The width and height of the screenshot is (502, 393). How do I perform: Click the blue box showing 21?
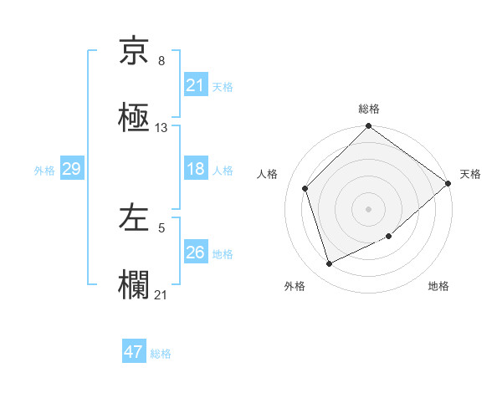195,85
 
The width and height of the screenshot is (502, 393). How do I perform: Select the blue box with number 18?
195,169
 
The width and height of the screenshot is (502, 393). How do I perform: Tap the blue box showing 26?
195,253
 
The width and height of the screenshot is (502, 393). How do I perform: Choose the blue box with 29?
71,169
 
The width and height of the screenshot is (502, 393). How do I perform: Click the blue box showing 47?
134,352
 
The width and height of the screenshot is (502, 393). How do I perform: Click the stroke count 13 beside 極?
161,128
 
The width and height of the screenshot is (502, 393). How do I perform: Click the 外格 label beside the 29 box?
44,170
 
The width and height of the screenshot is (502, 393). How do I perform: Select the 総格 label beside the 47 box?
161,353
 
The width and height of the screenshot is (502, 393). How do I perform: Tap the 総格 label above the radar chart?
368,109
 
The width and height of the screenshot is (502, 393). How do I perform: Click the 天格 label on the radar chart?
470,174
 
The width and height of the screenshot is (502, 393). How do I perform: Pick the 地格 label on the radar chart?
438,287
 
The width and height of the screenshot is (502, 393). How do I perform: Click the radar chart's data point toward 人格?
305,188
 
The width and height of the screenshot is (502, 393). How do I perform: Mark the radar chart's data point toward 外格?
330,264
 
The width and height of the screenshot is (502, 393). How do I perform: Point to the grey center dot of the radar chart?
368,208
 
